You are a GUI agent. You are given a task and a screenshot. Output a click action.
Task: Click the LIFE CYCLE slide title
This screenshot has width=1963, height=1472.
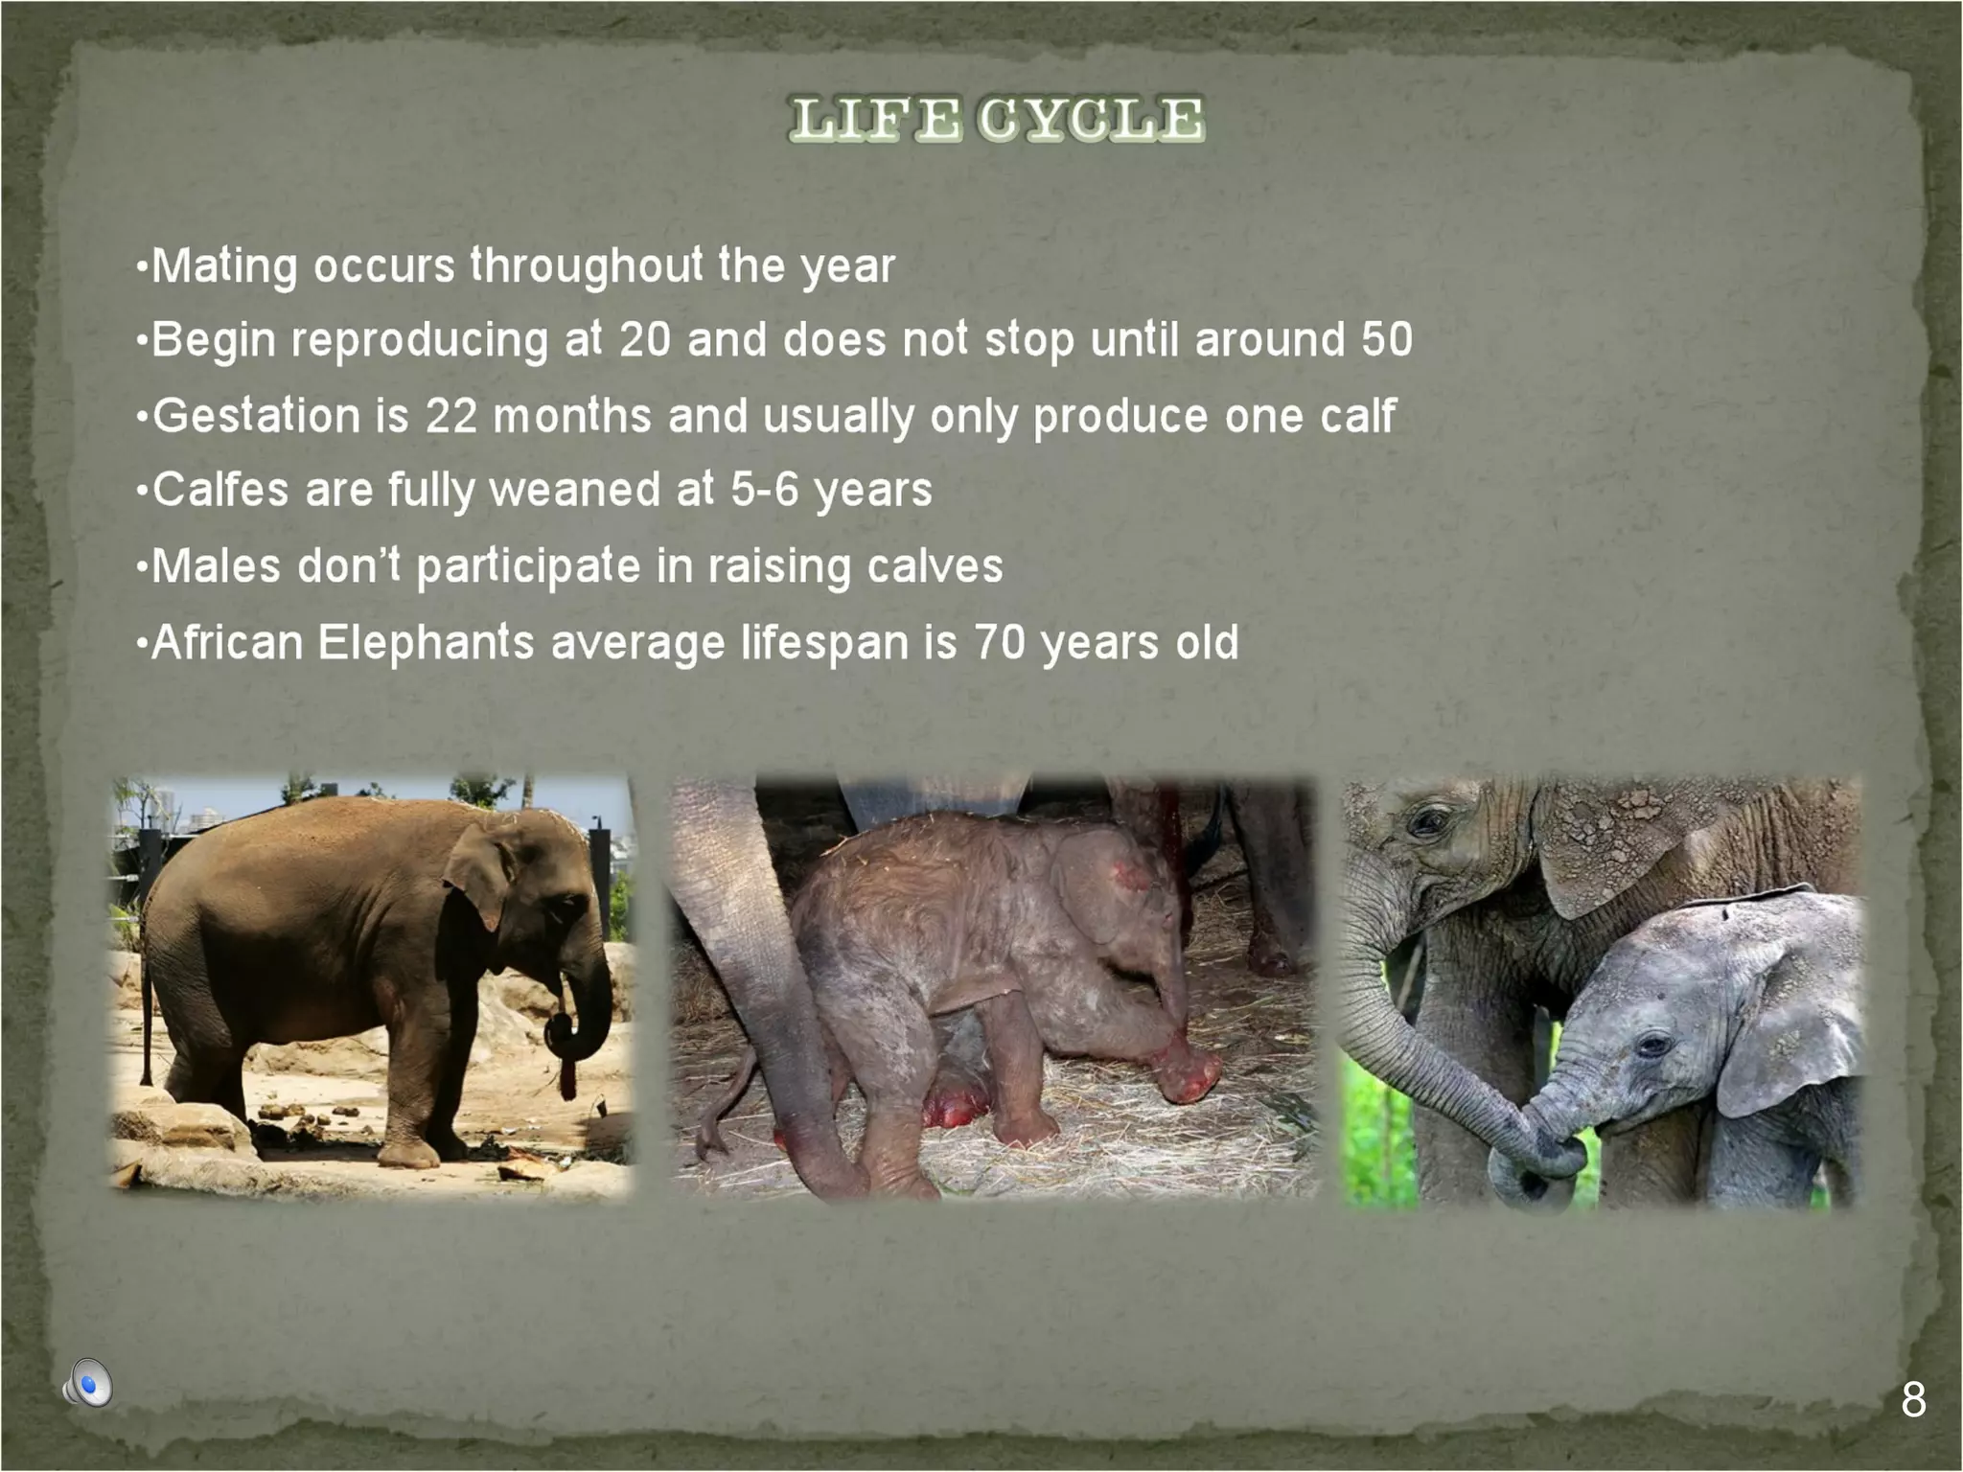tap(996, 120)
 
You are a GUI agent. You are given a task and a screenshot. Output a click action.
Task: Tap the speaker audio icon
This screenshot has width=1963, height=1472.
tap(88, 1384)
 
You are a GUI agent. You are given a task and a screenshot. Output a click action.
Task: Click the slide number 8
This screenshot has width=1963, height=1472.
tap(1912, 1400)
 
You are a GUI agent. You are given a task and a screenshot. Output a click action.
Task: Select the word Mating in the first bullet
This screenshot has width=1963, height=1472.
tap(224, 266)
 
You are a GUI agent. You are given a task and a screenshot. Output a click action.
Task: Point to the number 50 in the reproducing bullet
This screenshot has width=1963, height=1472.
tap(1386, 339)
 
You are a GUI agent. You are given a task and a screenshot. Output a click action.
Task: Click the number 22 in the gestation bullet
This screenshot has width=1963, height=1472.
tap(450, 416)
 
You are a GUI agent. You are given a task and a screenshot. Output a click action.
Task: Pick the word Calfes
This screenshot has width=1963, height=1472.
tap(220, 490)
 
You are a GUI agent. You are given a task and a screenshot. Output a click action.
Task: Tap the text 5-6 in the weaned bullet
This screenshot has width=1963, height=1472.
tap(764, 490)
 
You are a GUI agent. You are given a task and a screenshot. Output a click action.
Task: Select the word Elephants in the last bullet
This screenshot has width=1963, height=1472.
tap(426, 642)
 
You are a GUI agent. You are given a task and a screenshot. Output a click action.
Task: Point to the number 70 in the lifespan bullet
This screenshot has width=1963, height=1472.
tap(1000, 642)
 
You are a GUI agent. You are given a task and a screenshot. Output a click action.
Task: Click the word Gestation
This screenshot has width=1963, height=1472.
tap(255, 416)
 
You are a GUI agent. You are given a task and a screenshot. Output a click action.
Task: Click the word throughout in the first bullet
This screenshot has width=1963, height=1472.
tap(587, 266)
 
